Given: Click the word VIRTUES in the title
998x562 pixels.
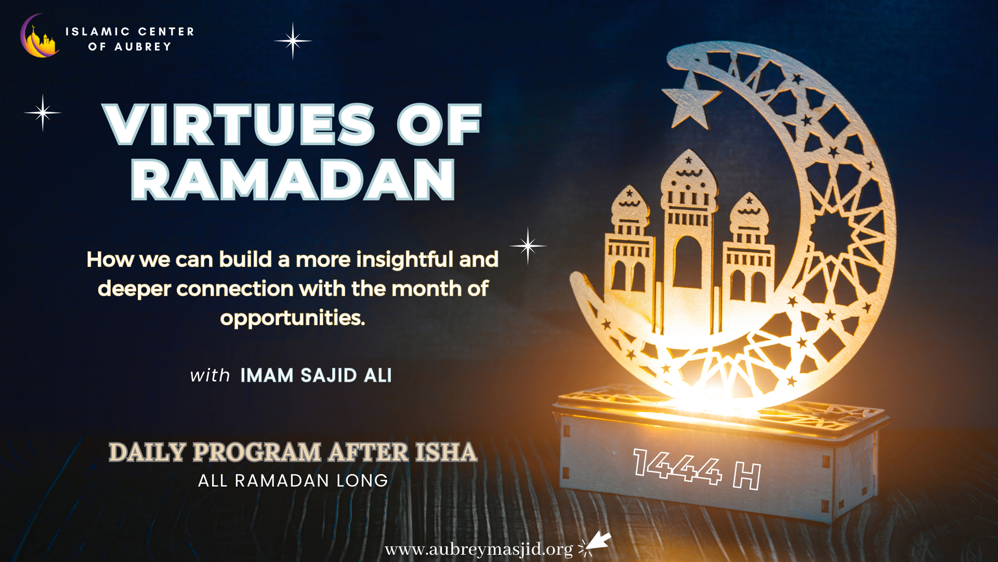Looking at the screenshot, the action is coord(239,124).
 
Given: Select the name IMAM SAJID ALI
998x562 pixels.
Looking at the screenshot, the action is coord(316,375).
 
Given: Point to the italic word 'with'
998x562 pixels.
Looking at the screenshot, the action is coord(210,375).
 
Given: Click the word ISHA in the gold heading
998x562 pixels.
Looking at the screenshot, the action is coord(446,452).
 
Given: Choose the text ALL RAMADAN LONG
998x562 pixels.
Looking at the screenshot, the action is coord(293,480).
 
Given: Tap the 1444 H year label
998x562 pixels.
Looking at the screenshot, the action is coord(697,469).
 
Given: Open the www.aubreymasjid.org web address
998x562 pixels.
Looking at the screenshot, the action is coord(479,550).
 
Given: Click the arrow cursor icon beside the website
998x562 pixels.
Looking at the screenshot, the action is coord(595,544).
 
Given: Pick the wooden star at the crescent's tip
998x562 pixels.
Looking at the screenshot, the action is coord(690,101).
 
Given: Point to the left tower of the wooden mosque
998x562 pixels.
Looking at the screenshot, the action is coord(629,245).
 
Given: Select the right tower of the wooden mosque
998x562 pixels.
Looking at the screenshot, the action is coord(748,250).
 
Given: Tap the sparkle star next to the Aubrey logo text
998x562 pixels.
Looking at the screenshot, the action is coord(293,41).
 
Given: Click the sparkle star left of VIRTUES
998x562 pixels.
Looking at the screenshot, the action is coord(43,112).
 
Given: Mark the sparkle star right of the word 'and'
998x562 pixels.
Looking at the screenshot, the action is coord(528,246).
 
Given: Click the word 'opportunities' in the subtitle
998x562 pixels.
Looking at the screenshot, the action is coord(292,318).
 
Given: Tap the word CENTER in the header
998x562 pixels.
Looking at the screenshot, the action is coord(166,32).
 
